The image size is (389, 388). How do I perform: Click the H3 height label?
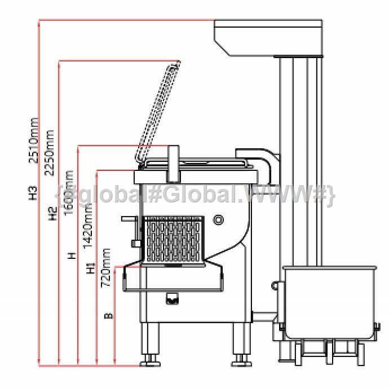pos(33,193)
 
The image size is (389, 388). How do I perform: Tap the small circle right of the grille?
pos(219,219)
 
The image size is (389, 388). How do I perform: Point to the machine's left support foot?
pos(149,344)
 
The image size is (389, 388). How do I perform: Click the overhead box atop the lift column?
pos(268,37)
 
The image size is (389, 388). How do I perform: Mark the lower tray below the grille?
pos(172,278)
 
